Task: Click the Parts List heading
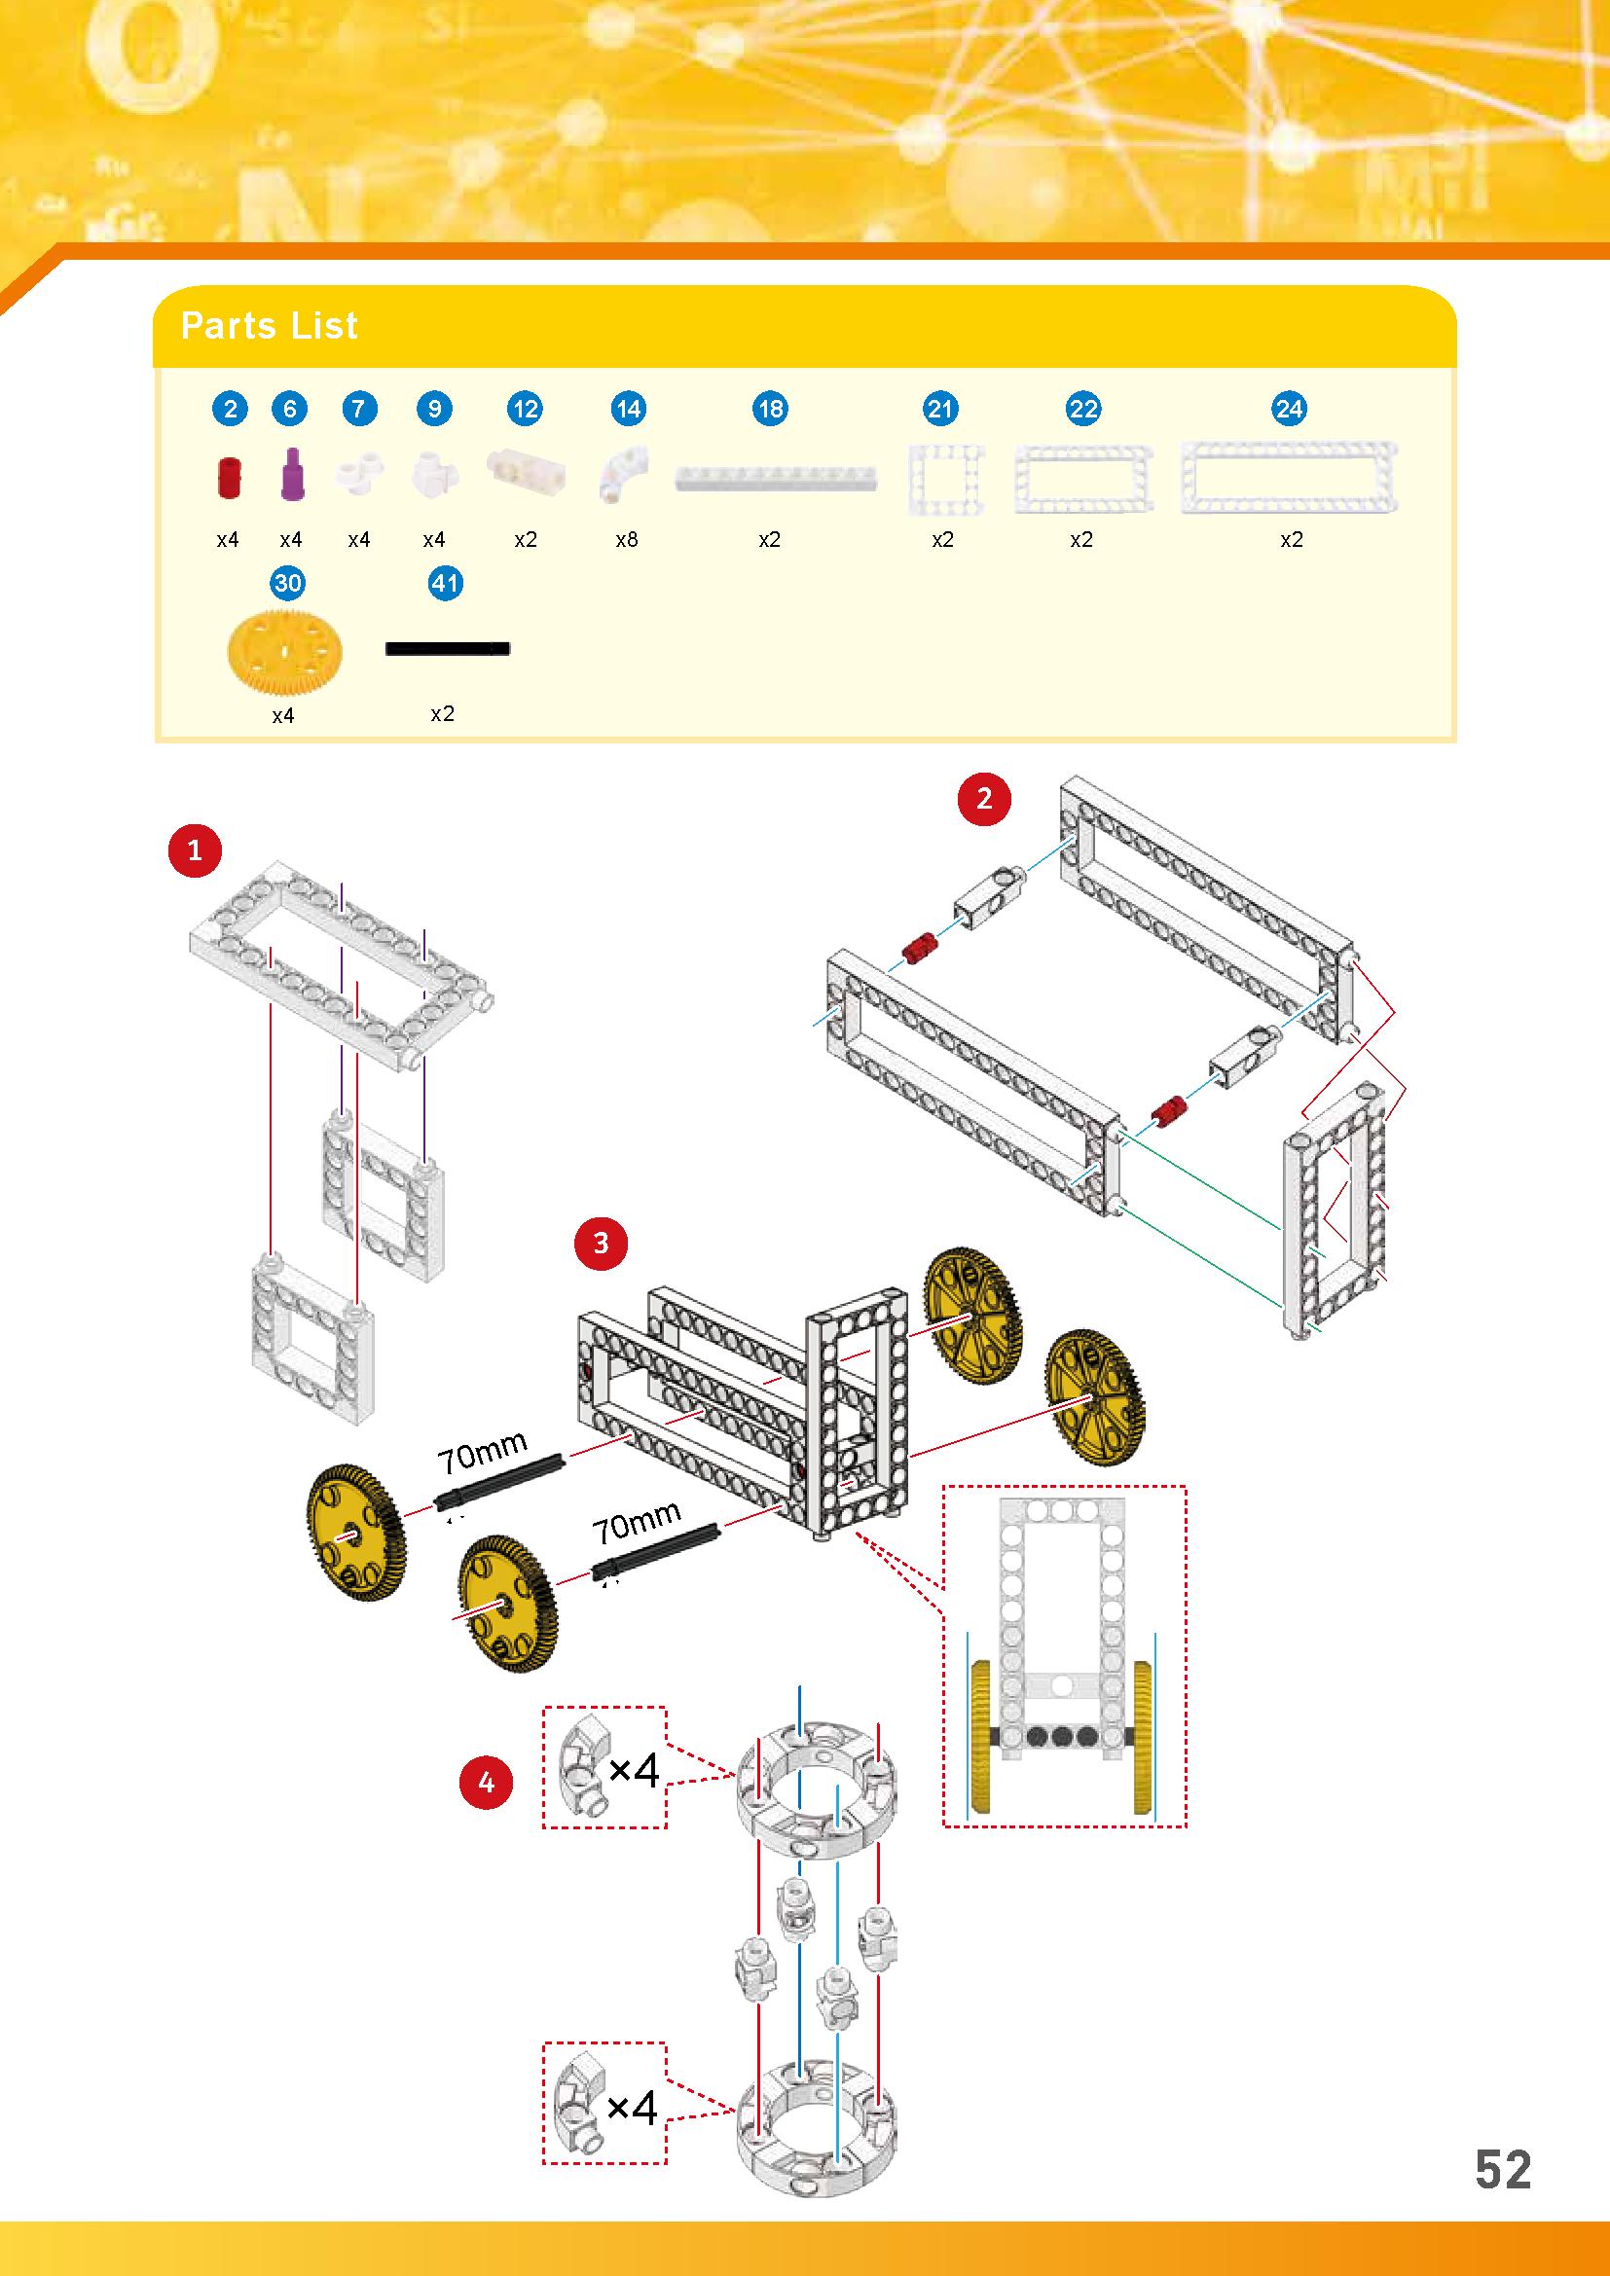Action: [269, 325]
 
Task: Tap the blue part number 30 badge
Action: [287, 583]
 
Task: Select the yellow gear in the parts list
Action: [282, 649]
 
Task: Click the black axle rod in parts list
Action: [446, 648]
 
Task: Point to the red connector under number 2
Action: [229, 478]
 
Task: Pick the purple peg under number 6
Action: [290, 476]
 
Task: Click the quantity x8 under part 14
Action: [627, 540]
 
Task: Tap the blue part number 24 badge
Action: [1289, 409]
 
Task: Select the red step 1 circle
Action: [195, 849]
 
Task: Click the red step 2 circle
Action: [983, 799]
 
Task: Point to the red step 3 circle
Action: [600, 1242]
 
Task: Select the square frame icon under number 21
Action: [945, 480]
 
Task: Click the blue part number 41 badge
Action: [445, 583]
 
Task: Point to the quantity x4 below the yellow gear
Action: [283, 716]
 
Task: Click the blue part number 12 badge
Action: [525, 409]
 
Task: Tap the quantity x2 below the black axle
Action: [442, 713]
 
